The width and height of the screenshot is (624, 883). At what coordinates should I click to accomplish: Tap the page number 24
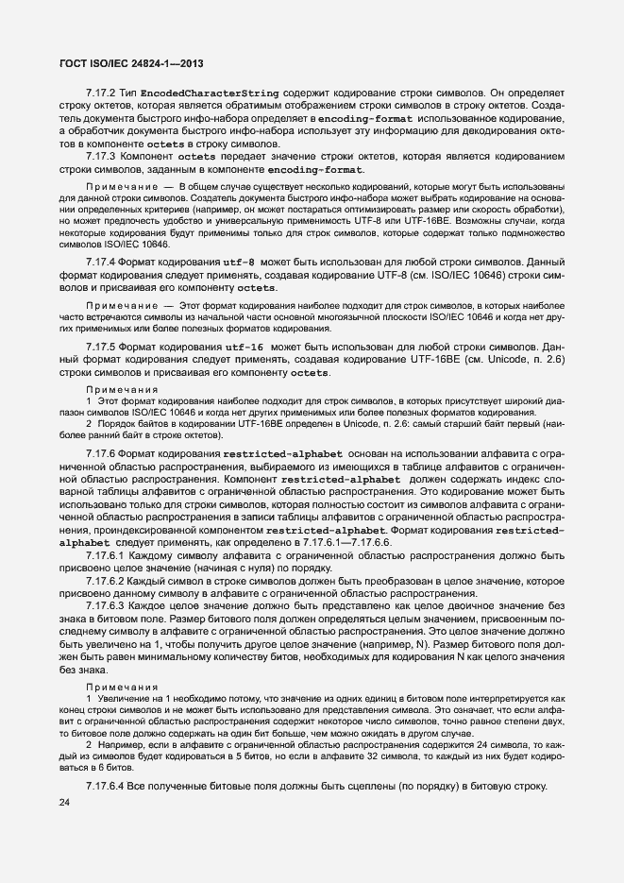64,803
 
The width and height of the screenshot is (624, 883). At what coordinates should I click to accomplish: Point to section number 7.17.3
99,156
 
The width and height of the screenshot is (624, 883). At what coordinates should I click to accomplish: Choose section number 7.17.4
99,261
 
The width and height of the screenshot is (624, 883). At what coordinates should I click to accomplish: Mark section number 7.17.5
99,348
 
